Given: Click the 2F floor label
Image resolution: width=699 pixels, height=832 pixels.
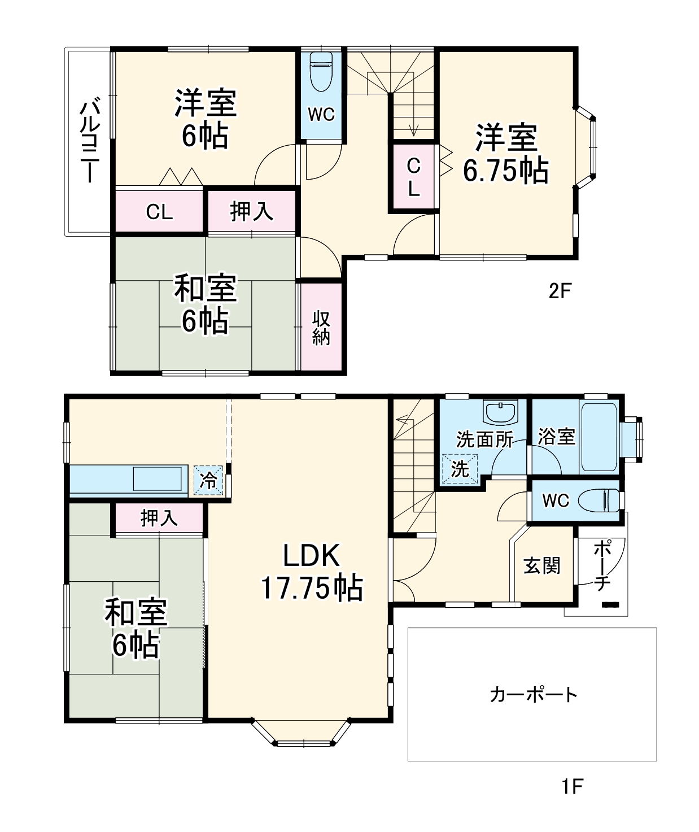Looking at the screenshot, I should pyautogui.click(x=560, y=291).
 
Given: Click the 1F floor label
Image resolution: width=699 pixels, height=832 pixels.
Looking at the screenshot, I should pyautogui.click(x=571, y=786).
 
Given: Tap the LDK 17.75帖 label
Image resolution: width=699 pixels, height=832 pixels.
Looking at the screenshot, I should pyautogui.click(x=311, y=572).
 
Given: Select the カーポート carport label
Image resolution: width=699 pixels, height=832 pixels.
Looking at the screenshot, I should pyautogui.click(x=533, y=694).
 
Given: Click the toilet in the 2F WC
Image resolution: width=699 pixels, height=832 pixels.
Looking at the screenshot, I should pyautogui.click(x=321, y=72).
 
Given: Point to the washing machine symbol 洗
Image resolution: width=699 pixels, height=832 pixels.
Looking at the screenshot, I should pyautogui.click(x=460, y=469).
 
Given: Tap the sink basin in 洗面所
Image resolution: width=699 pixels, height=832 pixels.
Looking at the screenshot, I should pyautogui.click(x=500, y=412).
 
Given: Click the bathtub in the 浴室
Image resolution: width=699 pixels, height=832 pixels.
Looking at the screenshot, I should pyautogui.click(x=599, y=436).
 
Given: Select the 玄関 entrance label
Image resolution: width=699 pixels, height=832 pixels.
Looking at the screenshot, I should pyautogui.click(x=542, y=565).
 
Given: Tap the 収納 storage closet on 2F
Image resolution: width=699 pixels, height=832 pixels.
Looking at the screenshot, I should pyautogui.click(x=321, y=328).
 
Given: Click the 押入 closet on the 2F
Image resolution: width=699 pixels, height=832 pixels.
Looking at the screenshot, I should pyautogui.click(x=252, y=212).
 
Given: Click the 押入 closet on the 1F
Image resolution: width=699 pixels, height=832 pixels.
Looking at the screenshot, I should pyautogui.click(x=159, y=517).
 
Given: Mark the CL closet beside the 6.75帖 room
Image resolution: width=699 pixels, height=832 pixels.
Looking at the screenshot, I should pyautogui.click(x=414, y=177).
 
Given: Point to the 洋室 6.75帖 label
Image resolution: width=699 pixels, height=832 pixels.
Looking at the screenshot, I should pyautogui.click(x=505, y=154).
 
